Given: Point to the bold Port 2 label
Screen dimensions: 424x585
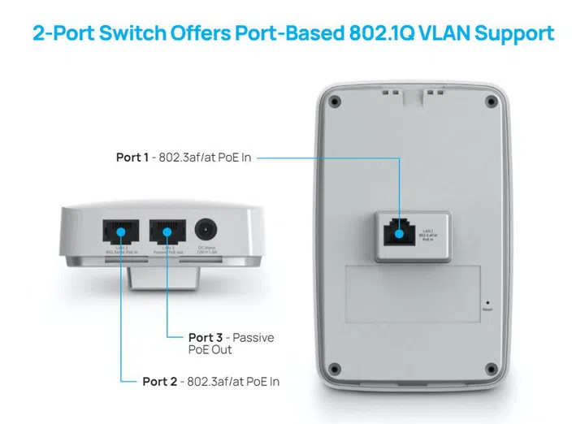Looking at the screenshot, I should coord(158,380).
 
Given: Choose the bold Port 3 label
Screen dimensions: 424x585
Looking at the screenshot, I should coord(204,337).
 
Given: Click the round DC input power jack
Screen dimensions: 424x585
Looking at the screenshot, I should coord(206,231).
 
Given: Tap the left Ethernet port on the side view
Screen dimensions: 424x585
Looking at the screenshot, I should coord(119,231).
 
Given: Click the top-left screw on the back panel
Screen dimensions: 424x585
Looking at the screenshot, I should coord(331,102).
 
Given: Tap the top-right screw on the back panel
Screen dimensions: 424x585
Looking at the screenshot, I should coord(490,102).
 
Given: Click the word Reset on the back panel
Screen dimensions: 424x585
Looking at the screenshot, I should coord(487,309).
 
